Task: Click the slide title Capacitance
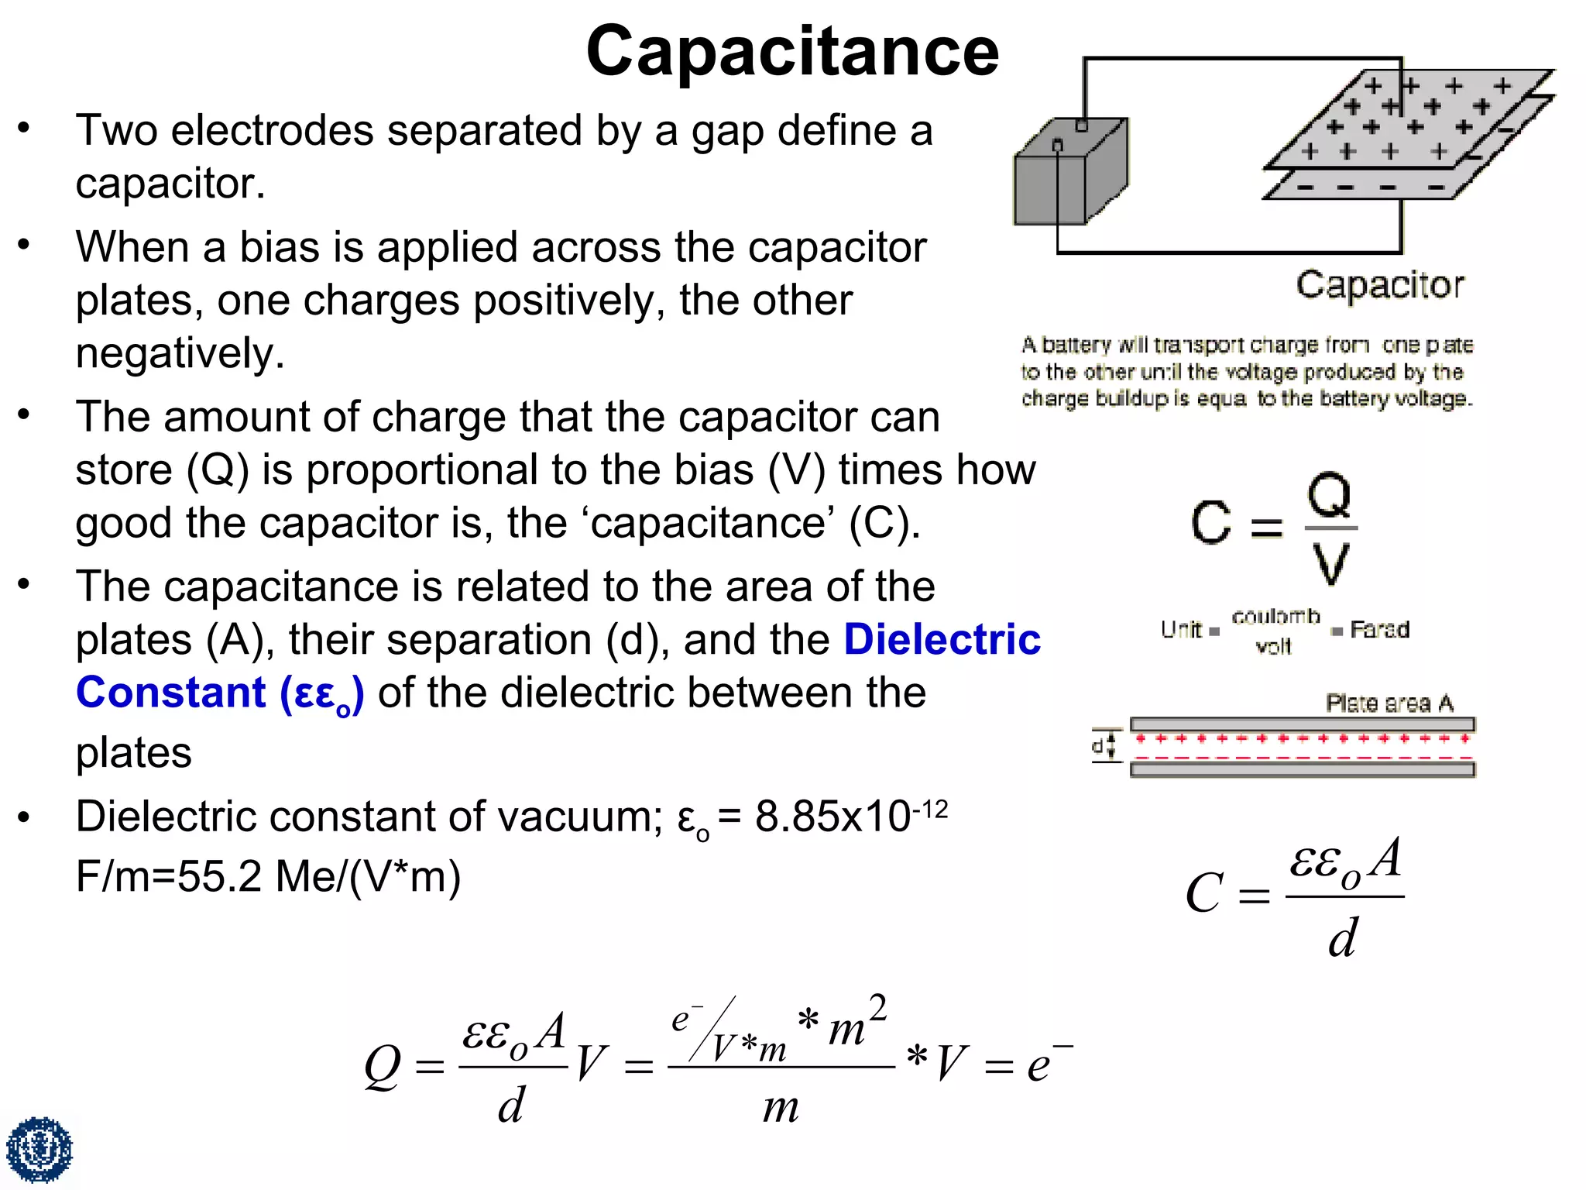792,51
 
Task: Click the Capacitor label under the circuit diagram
1380,285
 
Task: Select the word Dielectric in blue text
942,640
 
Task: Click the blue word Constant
171,693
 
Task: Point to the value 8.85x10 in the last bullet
832,817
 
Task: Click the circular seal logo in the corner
39,1149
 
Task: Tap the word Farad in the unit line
1379,629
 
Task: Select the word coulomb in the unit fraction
1275,617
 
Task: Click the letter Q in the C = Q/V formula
1329,496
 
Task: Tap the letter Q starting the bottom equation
383,1067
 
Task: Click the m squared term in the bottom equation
857,1023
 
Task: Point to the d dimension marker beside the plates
1099,746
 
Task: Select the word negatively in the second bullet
180,353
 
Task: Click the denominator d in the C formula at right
1342,938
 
